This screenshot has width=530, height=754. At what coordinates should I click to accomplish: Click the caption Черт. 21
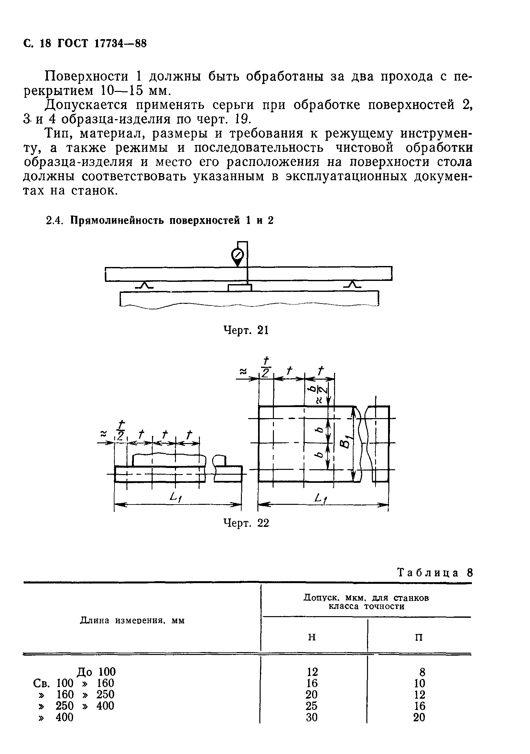[246, 330]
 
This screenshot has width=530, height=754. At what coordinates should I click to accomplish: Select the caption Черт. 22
[246, 523]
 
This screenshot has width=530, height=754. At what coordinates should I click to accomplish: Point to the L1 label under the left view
[176, 498]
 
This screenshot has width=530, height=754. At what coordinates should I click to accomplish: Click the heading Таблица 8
[435, 573]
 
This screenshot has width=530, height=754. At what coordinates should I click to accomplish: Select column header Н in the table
[312, 637]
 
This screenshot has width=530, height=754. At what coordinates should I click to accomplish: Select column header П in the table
[419, 637]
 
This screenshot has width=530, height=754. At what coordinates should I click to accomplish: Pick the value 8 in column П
[420, 672]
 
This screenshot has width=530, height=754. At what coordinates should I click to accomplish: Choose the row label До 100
[96, 672]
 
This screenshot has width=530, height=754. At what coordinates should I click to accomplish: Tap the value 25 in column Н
[311, 705]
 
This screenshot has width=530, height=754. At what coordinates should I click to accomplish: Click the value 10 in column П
[419, 683]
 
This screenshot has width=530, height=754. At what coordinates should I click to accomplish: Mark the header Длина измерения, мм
[132, 620]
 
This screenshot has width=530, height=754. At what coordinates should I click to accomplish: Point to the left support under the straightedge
[144, 285]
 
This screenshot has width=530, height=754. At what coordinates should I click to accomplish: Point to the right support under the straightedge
[352, 285]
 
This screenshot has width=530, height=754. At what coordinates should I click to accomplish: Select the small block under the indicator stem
[240, 288]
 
